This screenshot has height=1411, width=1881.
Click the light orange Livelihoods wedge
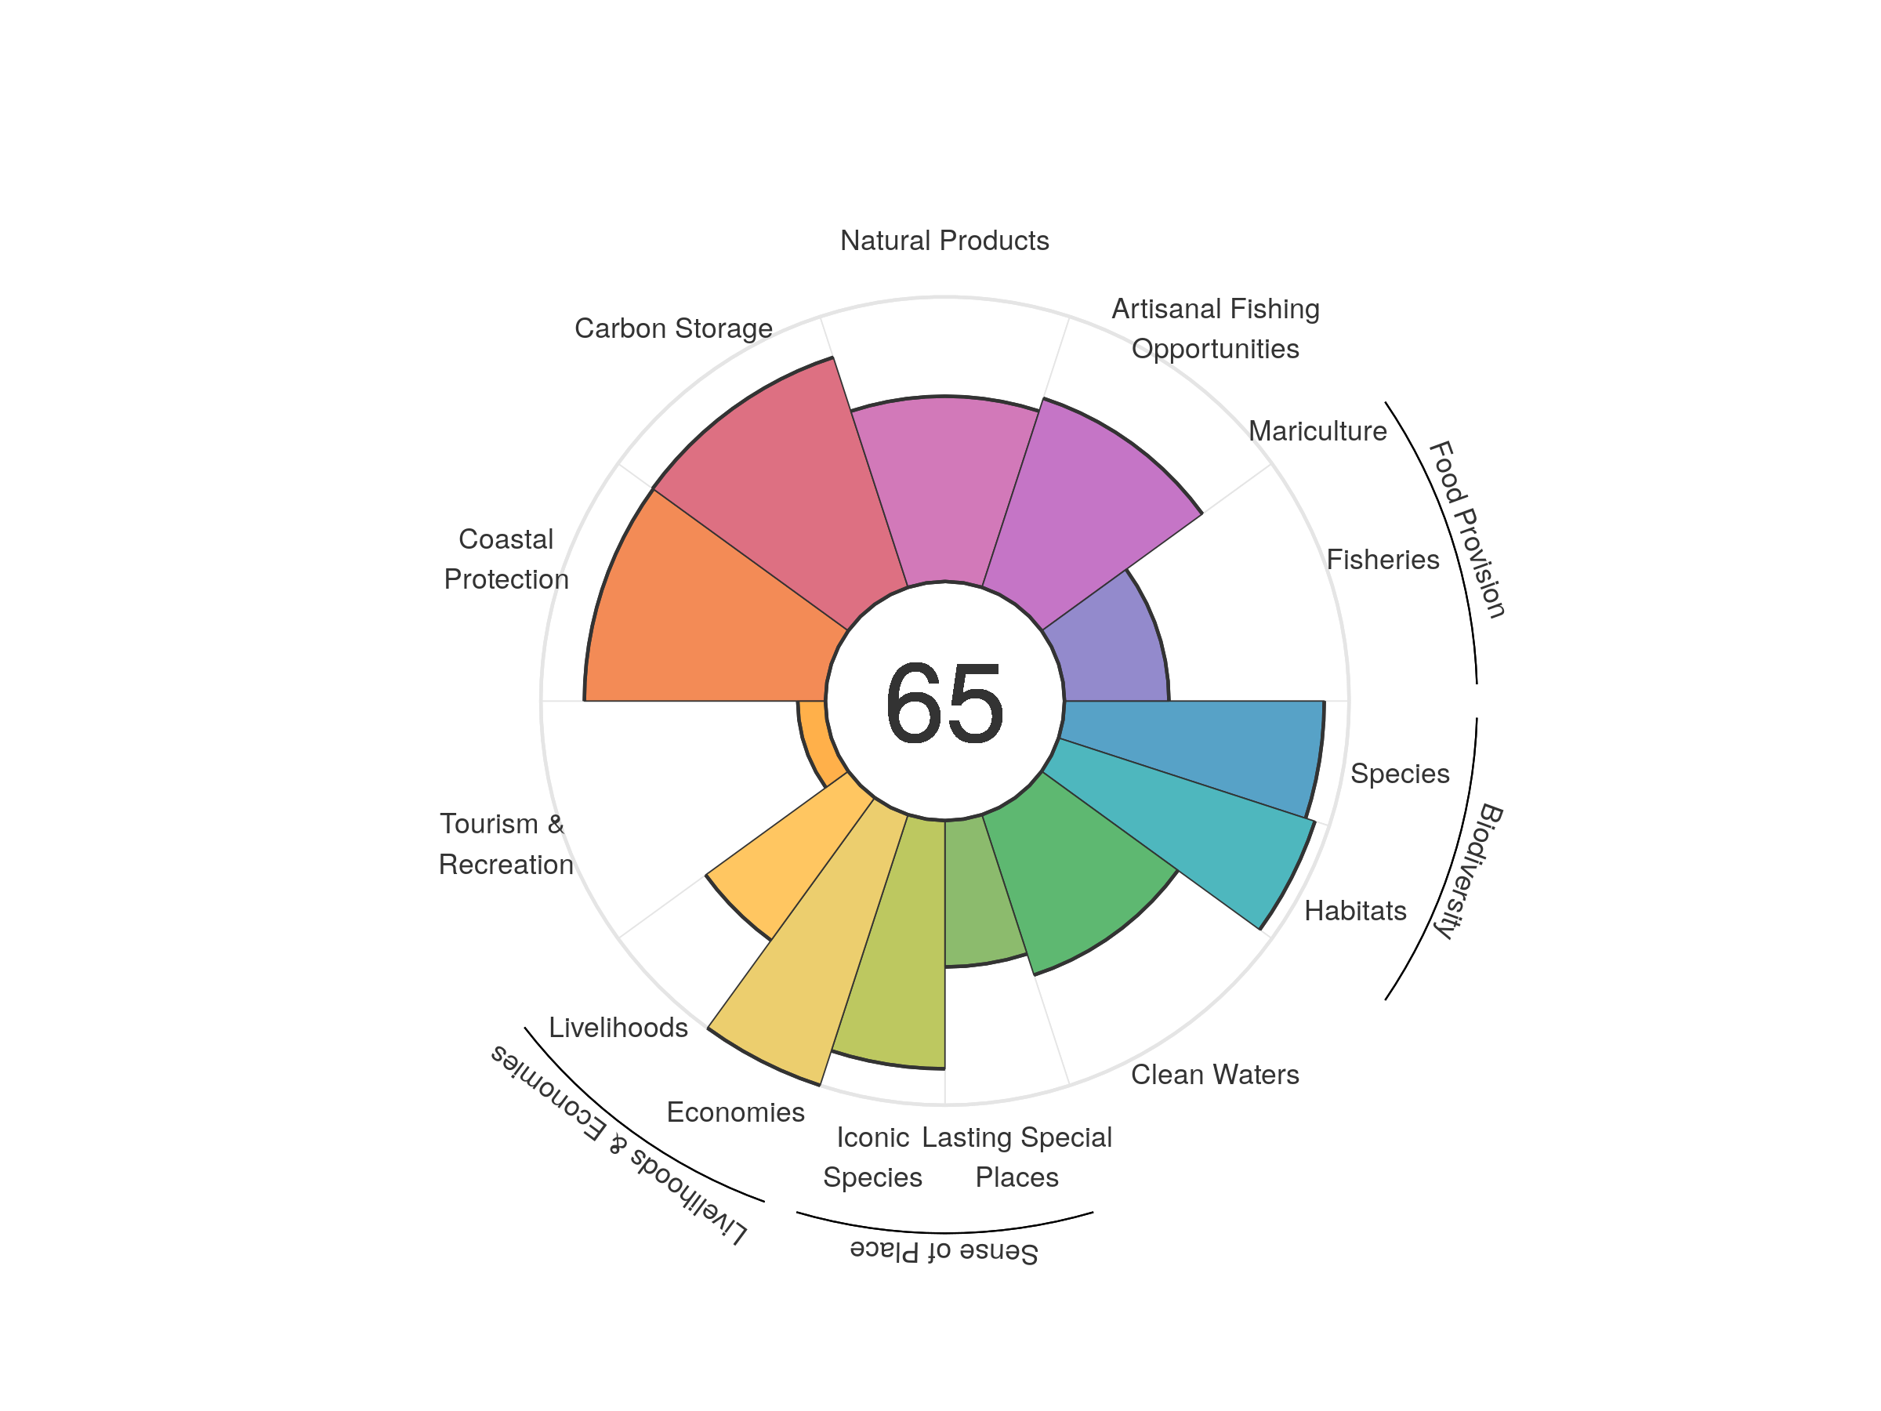tap(782, 859)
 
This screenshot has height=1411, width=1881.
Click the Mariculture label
tap(1317, 431)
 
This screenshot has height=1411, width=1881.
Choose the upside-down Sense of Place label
tap(944, 1252)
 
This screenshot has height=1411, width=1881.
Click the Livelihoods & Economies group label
tap(618, 1144)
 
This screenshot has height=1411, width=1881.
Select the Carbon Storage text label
tap(673, 328)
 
